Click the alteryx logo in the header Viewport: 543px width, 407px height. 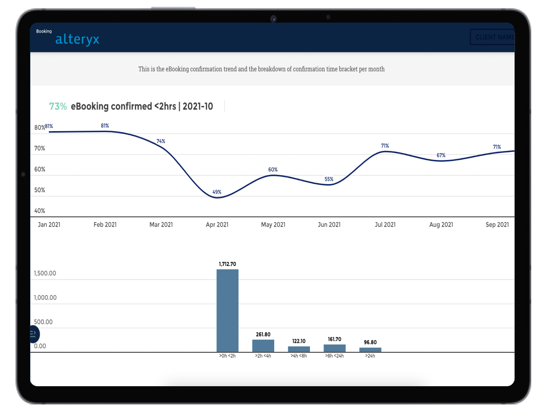77,39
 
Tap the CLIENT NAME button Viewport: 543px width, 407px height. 492,37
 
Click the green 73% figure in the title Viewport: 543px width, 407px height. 57,106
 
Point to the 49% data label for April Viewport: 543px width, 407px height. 217,192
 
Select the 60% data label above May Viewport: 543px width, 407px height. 273,170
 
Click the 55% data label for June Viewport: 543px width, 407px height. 329,179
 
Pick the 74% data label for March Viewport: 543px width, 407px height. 161,141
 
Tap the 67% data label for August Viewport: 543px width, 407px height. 441,155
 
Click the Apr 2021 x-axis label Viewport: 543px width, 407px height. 217,225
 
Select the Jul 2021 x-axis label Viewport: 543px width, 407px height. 385,225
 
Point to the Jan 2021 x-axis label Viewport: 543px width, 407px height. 49,225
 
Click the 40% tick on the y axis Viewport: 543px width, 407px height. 40,211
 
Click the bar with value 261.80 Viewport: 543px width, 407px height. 263,345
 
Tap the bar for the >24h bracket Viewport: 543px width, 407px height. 370,350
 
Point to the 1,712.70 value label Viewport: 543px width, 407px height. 227,264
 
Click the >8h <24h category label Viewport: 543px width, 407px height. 334,356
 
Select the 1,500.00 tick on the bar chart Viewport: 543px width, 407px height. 45,274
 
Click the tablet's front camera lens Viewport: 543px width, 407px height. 273,19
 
